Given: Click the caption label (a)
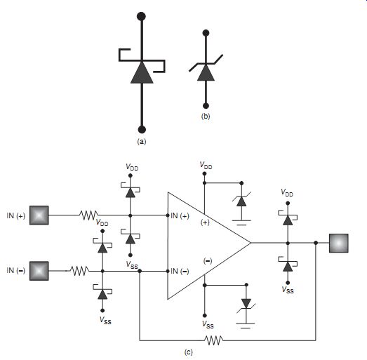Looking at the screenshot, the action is (142, 141).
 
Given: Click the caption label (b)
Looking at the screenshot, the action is (206, 116).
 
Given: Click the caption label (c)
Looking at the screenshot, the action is (189, 352).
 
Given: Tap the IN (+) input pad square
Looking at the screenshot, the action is (39, 215).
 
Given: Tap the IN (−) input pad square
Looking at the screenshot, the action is (39, 271).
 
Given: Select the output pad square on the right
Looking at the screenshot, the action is (339, 244).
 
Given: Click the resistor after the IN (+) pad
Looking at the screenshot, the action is (88, 215).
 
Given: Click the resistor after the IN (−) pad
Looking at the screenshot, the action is (79, 271).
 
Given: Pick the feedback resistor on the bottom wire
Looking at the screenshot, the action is (214, 340).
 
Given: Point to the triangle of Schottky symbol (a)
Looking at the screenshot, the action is (142, 72).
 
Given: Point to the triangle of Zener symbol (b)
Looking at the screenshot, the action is (206, 73).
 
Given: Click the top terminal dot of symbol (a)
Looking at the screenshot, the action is (141, 17).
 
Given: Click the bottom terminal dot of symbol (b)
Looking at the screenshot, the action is (206, 106).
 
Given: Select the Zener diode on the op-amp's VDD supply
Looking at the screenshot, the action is (241, 201).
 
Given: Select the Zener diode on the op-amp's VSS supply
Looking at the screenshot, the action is (246, 305).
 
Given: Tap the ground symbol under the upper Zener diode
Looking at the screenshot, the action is (241, 222).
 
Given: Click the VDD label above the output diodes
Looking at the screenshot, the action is (287, 193).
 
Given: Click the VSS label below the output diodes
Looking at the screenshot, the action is (288, 290).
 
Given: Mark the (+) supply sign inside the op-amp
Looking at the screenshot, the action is (205, 222).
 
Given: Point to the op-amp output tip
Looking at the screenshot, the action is (251, 243).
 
